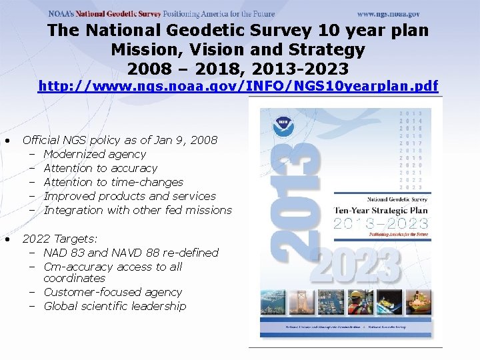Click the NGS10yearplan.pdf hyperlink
238,85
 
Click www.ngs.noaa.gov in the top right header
388,13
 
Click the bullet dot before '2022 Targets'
6,239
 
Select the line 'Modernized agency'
95,154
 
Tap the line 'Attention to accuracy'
100,168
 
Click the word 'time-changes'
149,182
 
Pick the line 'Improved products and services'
129,196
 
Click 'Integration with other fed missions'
137,210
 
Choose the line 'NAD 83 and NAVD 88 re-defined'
131,253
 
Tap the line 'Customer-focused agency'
113,292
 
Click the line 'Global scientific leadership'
115,306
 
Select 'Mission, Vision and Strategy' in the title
238,49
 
